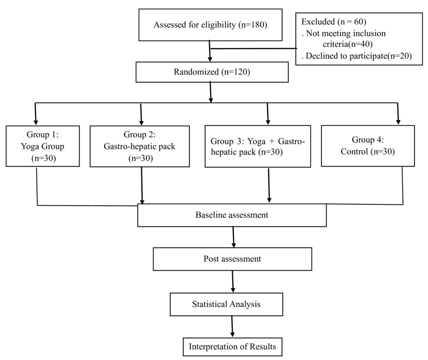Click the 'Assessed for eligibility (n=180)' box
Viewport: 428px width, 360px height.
[x=210, y=25]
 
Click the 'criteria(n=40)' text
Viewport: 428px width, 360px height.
[x=348, y=44]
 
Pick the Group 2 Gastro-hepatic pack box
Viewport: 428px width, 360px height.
[x=140, y=146]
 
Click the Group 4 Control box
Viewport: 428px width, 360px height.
[x=367, y=145]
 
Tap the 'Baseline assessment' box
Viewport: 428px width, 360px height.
[x=232, y=215]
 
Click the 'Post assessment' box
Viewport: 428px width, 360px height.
[x=232, y=259]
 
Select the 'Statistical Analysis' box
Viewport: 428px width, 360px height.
[x=226, y=304]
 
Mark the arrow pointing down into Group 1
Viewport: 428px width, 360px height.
[x=36, y=114]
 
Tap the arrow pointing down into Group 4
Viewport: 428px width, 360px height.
[x=398, y=114]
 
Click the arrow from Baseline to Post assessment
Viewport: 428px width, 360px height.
[x=234, y=237]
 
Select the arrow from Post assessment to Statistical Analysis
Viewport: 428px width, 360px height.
[x=233, y=281]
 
